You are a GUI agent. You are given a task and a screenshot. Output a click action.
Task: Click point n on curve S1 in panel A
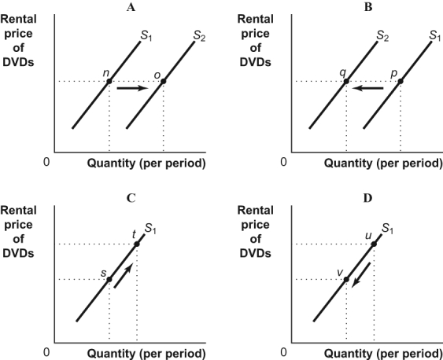tap(109, 81)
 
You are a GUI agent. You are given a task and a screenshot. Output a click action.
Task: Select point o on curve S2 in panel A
tap(163, 81)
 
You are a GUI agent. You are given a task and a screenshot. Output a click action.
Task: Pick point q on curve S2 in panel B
tap(345, 81)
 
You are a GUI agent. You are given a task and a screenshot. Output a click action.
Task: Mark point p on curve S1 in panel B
tap(401, 81)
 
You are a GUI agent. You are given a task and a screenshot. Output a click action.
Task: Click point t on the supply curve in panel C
tap(137, 244)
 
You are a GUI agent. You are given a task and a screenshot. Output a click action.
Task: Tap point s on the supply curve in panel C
tap(109, 279)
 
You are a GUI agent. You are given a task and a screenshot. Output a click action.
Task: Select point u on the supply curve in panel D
tap(374, 244)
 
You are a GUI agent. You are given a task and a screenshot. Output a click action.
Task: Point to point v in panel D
tap(346, 279)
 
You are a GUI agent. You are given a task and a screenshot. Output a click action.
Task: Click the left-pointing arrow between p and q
tap(368, 89)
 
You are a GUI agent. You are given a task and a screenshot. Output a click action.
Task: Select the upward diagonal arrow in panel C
tap(123, 277)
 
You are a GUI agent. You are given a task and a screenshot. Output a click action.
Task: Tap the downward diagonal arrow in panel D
tap(360, 277)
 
